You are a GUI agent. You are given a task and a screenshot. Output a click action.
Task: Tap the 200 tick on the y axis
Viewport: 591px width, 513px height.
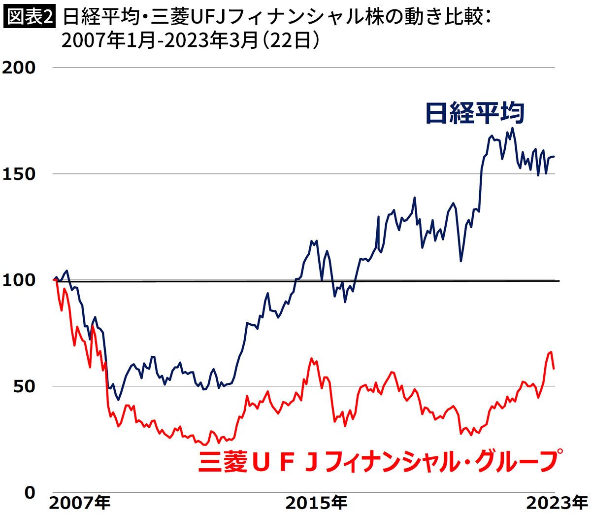19,68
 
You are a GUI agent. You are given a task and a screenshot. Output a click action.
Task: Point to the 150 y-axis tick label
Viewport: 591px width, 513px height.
19,174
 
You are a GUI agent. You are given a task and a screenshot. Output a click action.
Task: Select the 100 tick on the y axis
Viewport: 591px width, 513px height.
19,280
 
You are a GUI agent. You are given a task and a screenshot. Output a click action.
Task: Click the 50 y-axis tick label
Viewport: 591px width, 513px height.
24,386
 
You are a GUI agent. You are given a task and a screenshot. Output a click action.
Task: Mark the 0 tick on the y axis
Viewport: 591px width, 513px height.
30,492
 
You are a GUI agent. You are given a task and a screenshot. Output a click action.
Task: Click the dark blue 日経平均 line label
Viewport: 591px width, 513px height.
474,113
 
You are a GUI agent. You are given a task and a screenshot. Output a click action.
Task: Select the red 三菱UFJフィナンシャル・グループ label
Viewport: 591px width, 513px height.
380,462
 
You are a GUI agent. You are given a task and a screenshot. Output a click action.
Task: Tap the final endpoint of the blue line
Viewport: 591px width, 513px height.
554,157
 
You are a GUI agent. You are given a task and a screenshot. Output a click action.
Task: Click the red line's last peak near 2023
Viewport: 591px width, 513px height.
551,351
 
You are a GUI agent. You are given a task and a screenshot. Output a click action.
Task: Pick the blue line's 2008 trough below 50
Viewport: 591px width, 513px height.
118,400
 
